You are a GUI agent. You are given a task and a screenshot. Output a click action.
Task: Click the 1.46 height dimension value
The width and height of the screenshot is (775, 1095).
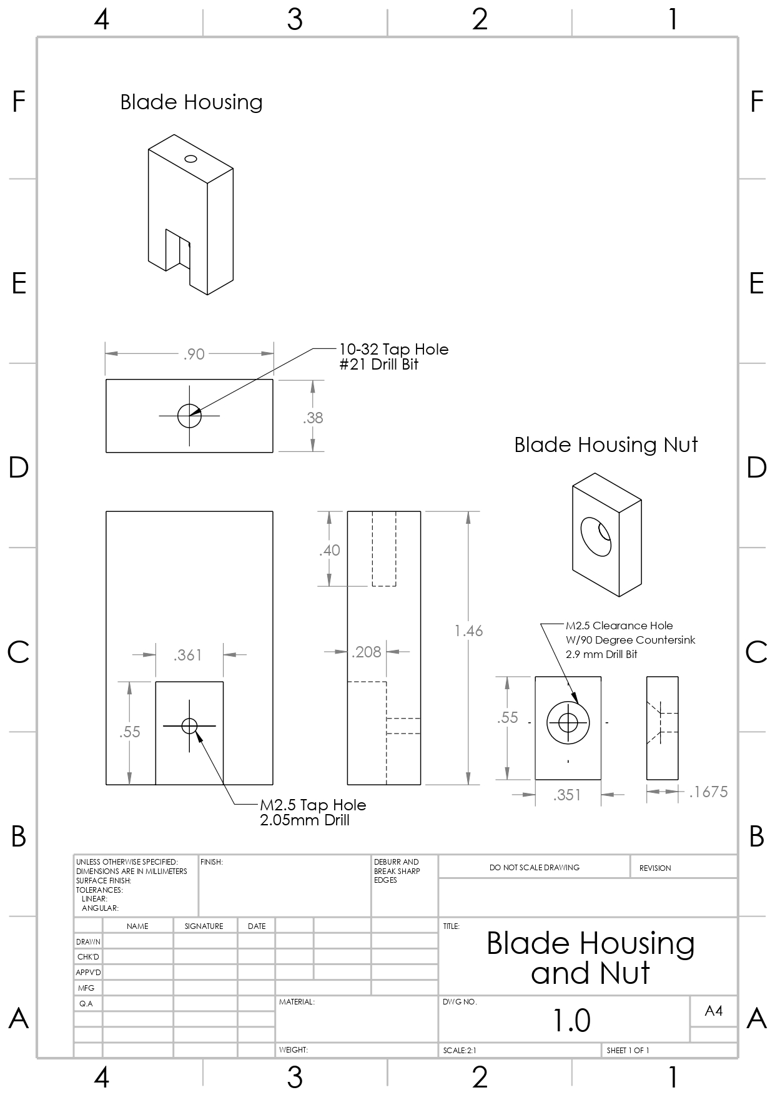coord(468,631)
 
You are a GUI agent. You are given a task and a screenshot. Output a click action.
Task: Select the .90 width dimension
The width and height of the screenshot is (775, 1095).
coord(194,354)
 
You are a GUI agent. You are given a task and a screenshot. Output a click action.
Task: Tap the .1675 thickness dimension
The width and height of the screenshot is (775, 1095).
coord(708,792)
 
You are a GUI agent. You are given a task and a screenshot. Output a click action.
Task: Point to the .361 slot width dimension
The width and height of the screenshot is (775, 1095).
coord(188,654)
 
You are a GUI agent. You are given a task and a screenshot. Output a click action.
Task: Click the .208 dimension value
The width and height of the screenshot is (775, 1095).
coord(367,652)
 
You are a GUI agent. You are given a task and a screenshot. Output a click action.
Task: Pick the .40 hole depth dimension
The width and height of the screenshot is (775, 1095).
coord(330,550)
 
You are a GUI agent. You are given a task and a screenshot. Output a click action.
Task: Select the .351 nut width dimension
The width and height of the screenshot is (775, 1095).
coord(567,795)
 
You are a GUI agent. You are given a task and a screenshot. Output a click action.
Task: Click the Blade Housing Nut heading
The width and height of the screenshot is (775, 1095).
coord(606,444)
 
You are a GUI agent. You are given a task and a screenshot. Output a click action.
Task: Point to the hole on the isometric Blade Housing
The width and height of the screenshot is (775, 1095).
coord(191,159)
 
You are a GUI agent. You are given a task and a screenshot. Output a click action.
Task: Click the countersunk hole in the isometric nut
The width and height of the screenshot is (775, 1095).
coord(596,536)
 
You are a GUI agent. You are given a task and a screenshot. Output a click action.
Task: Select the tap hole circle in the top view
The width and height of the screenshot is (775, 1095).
coord(189,415)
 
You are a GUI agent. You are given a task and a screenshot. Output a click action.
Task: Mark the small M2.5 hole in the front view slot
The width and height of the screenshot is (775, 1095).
coord(189,725)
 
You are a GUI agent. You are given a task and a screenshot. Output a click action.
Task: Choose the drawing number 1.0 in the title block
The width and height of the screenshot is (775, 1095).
coord(571,1020)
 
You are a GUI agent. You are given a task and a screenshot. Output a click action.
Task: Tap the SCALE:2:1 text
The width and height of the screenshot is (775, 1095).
coord(460,1051)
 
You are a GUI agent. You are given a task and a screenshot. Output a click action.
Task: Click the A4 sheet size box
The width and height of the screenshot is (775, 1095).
coord(713,1011)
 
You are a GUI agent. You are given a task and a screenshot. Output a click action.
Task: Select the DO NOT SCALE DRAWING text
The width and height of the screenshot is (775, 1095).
coord(534,867)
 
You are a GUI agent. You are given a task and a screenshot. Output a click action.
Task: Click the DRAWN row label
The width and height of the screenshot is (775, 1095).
coord(88,941)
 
